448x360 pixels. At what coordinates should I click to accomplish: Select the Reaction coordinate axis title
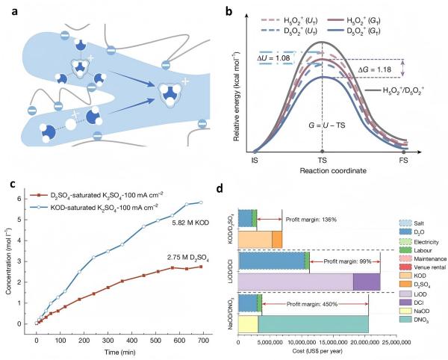(x=323, y=172)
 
